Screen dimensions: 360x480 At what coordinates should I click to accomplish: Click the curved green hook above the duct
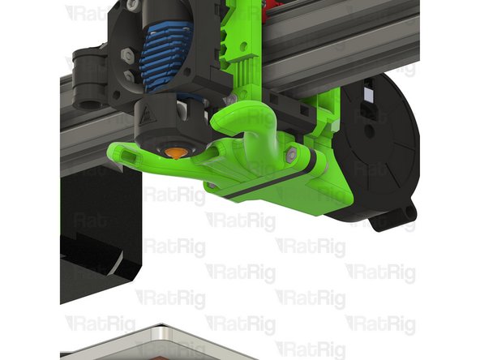tap(247, 122)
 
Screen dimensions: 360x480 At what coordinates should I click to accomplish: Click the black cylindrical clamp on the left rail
tap(88, 78)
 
